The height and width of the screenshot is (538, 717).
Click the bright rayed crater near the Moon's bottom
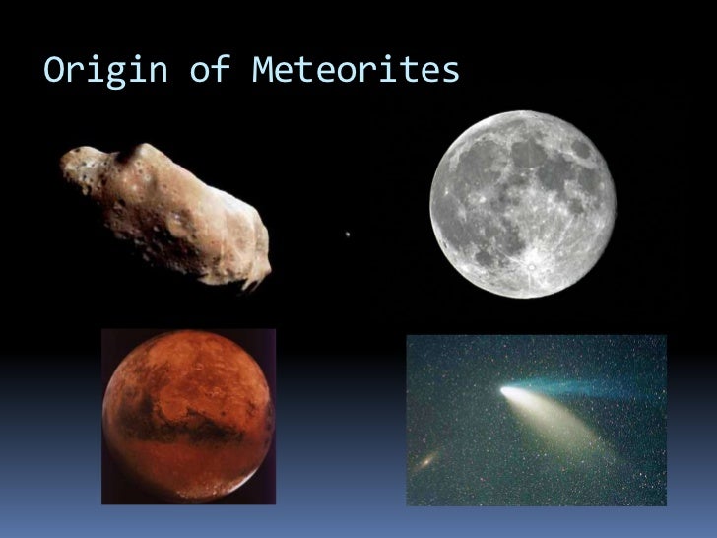click(531, 264)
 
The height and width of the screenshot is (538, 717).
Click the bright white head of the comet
click(508, 392)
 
